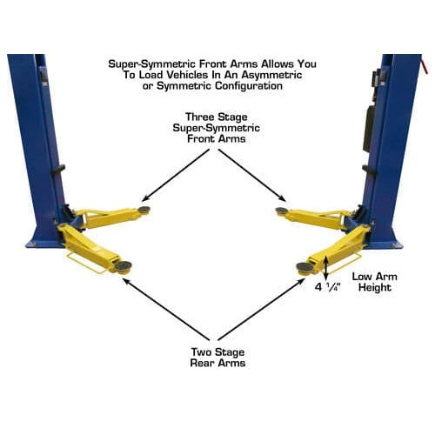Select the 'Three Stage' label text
pos(217,117)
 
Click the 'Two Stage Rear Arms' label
pos(217,357)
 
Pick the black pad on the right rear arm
pos(304,266)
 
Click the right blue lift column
pos(391,130)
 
